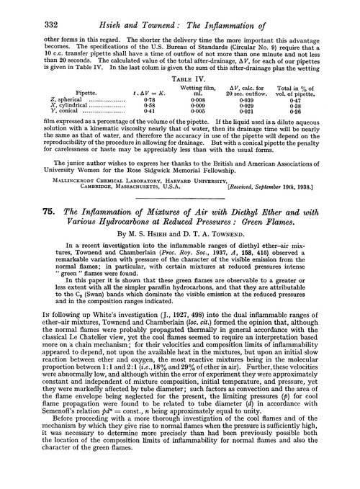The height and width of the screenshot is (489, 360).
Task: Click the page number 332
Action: pyautogui.click(x=32, y=12)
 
